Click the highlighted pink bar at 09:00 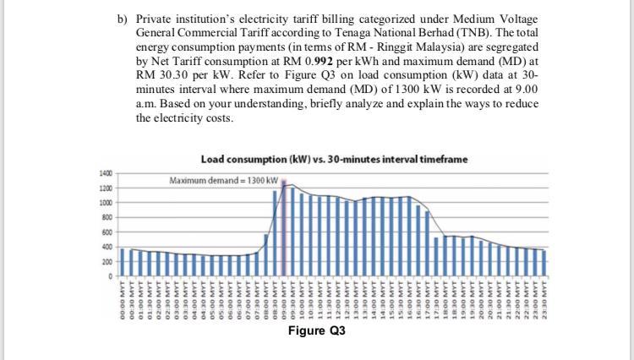(x=285, y=228)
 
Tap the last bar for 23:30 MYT (x=544, y=263)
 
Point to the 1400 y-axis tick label (x=106, y=173)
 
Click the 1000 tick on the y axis (x=106, y=203)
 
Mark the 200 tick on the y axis (x=107, y=261)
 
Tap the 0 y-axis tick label (x=109, y=276)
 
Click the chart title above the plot (x=334, y=159)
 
